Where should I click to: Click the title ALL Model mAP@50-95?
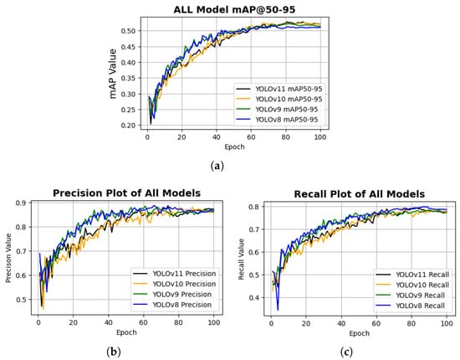point(234,10)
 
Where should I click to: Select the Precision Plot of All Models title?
point(127,193)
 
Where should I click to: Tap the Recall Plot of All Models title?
point(360,194)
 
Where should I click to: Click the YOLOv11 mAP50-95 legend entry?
point(279,89)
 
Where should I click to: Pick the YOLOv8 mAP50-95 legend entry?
point(278,120)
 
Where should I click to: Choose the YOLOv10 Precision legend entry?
point(175,284)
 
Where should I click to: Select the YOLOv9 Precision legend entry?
point(172,294)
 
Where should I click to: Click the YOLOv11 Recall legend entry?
point(412,275)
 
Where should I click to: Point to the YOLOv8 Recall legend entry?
point(411,306)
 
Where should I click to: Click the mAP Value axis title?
point(113,74)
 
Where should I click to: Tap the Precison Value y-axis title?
point(8,258)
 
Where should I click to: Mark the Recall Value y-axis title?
point(241,259)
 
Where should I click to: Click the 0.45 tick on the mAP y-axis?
point(129,47)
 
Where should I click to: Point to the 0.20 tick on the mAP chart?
point(129,126)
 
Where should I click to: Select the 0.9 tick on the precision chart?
point(22,203)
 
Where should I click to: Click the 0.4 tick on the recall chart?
point(254,298)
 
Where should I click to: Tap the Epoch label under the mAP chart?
point(234,147)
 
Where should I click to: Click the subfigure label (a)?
point(217,167)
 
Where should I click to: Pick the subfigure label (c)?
point(346,352)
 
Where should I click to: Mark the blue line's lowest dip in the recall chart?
point(278,310)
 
